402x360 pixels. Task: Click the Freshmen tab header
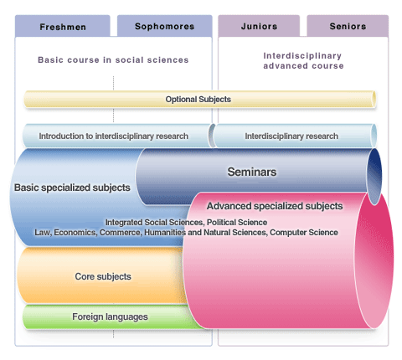pyautogui.click(x=63, y=27)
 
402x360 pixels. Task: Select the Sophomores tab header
pyautogui.click(x=164, y=26)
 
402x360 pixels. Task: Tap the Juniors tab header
pyautogui.click(x=259, y=26)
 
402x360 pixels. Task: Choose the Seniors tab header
pyautogui.click(x=348, y=26)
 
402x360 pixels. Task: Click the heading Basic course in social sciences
pyautogui.click(x=113, y=59)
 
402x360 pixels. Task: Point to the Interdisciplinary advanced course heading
pyautogui.click(x=303, y=60)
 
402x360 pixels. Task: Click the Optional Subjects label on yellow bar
pyautogui.click(x=198, y=99)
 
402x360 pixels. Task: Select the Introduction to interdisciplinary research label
pyautogui.click(x=113, y=136)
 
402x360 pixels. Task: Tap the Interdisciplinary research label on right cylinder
pyautogui.click(x=291, y=136)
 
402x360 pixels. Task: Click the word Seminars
pyautogui.click(x=252, y=172)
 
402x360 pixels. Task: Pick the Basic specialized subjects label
pyautogui.click(x=72, y=188)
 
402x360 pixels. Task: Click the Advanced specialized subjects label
pyautogui.click(x=275, y=206)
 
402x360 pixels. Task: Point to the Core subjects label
pyautogui.click(x=103, y=276)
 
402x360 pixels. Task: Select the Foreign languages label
pyautogui.click(x=110, y=316)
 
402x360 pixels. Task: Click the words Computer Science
pyautogui.click(x=304, y=232)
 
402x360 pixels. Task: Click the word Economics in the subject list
pyautogui.click(x=75, y=232)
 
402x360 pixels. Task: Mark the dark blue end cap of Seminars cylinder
pyautogui.click(x=374, y=177)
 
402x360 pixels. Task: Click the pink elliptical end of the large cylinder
pyautogui.click(x=374, y=260)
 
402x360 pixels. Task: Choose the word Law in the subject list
pyautogui.click(x=43, y=232)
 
